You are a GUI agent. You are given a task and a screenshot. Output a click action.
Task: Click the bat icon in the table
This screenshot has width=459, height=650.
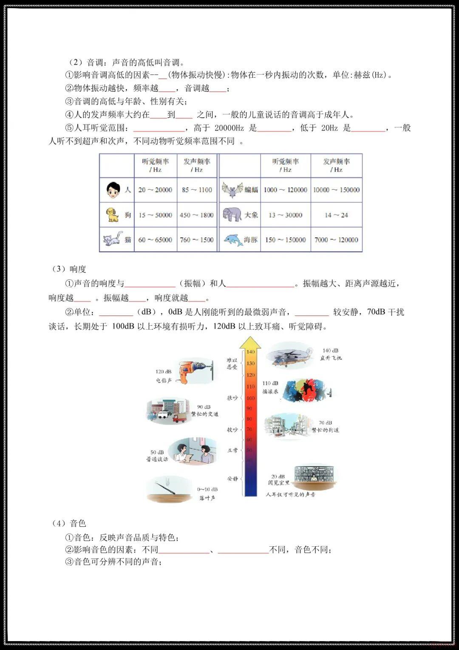pos(232,190)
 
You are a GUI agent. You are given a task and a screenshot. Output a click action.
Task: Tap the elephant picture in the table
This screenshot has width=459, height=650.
pos(232,214)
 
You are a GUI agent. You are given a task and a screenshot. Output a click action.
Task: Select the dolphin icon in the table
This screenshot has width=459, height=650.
pos(232,239)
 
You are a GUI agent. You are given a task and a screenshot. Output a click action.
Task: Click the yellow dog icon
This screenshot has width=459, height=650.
pos(112,215)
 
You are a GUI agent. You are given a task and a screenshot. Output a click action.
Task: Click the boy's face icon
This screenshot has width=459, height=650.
pos(113,190)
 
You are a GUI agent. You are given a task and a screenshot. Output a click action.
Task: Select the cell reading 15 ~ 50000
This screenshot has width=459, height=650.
pos(155,215)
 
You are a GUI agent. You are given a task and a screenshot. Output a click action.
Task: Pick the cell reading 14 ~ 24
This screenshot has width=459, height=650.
pos(336,215)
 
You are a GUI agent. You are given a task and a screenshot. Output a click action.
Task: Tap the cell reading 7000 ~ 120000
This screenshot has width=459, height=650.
pos(336,240)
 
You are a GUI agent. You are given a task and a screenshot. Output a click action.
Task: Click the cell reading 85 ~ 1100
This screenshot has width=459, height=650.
pos(197,190)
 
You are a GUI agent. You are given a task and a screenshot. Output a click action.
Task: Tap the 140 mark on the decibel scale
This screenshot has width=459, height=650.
pos(251,352)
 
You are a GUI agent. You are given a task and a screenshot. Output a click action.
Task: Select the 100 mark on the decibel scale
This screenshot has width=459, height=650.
pos(251,398)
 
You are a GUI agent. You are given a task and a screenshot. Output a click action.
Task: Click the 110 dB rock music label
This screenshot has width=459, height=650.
pos(270,387)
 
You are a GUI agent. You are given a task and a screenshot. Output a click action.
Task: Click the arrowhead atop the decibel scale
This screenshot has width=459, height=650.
pos(250,342)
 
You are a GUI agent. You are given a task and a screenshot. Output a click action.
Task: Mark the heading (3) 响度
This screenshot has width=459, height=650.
pos(69,269)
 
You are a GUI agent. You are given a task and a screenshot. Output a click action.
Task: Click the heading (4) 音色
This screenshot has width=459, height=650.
pos(69,523)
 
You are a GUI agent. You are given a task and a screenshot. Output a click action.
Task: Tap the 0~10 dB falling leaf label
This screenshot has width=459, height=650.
pos(207,494)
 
